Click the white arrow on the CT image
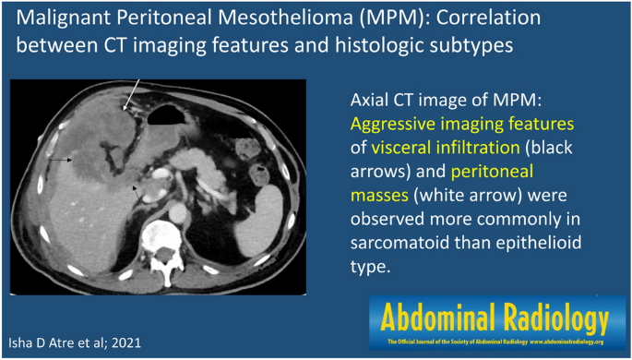(131, 95)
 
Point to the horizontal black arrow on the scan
(60, 160)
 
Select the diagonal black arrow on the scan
(137, 195)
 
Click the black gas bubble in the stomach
(165, 114)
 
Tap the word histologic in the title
(385, 44)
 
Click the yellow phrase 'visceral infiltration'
(446, 148)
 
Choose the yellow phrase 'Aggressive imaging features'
(462, 125)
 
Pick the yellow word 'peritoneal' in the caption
(492, 172)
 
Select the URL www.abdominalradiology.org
(566, 342)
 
